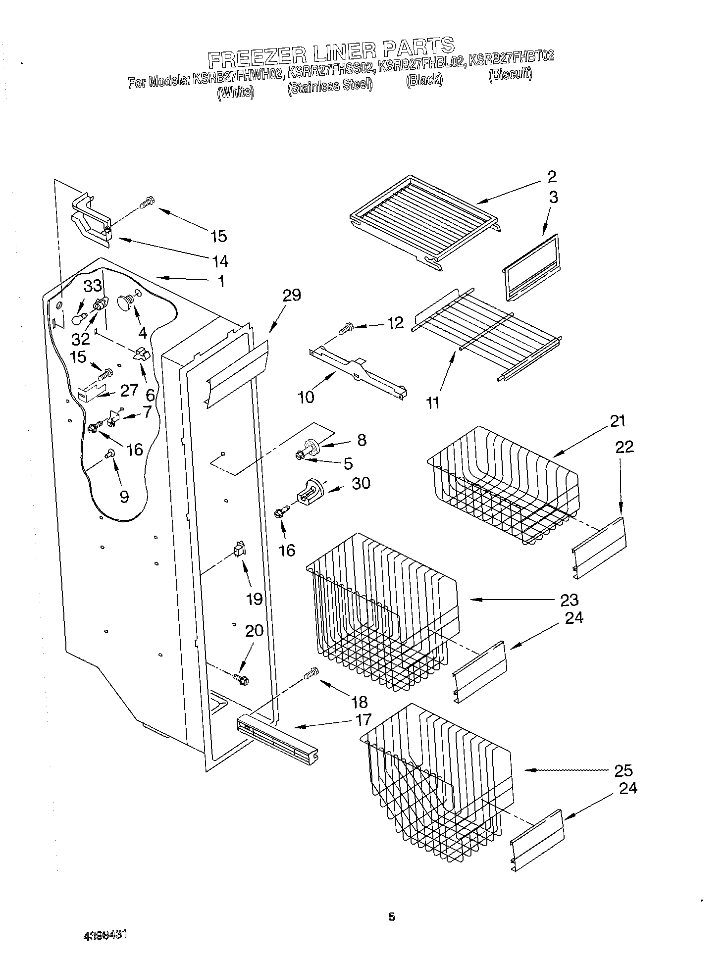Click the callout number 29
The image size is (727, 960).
coord(292,296)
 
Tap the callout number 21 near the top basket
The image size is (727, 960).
coord(618,421)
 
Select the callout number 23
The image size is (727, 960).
coord(569,600)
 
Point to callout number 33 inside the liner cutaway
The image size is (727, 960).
coord(92,286)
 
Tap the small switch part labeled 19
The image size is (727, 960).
coord(240,549)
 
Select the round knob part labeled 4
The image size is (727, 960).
coord(125,302)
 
